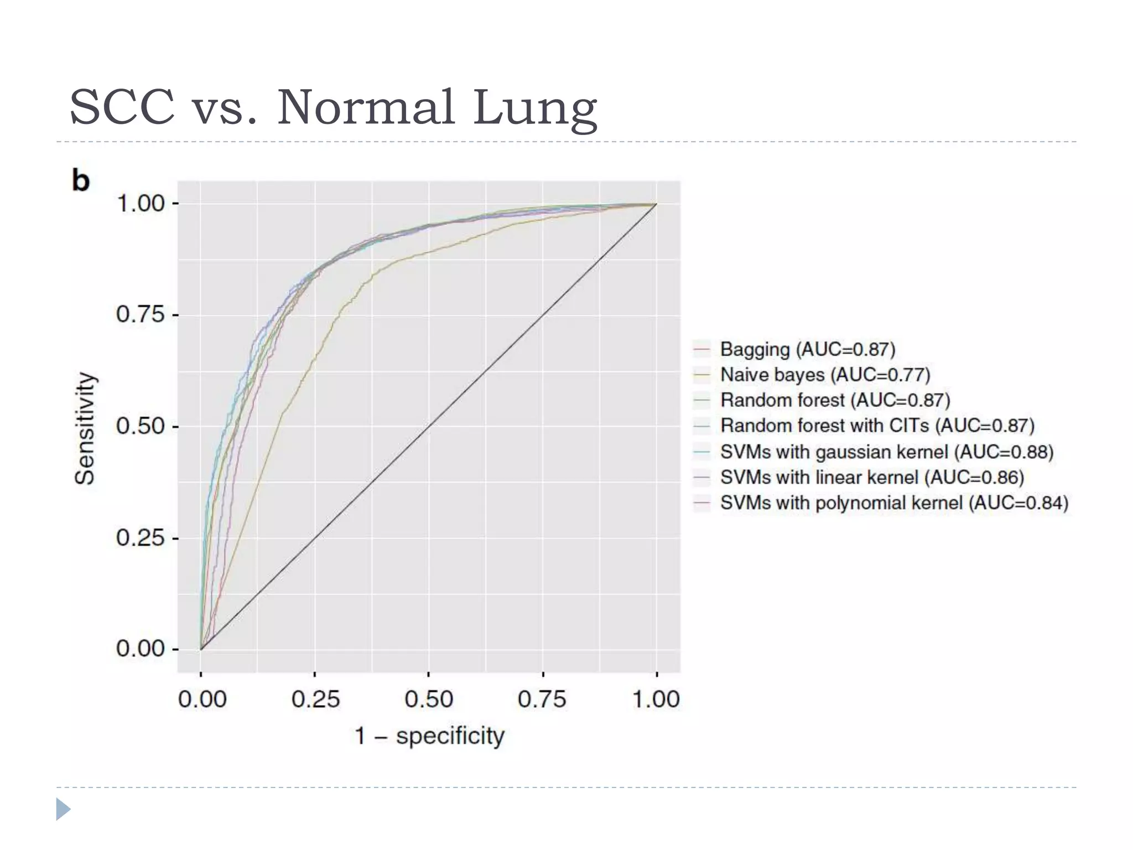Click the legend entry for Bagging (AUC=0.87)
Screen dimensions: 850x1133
click(x=807, y=349)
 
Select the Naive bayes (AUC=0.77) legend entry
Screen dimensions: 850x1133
click(x=825, y=375)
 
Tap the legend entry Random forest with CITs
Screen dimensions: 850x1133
click(x=877, y=426)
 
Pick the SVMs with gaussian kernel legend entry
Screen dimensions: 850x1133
click(x=886, y=452)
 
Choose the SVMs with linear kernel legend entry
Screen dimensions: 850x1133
click(x=872, y=477)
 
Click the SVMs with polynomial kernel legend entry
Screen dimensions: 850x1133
click(x=894, y=502)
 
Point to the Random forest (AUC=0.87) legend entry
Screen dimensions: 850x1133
click(x=835, y=400)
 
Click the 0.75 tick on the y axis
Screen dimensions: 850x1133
click(x=141, y=315)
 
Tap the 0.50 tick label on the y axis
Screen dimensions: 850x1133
click(x=141, y=427)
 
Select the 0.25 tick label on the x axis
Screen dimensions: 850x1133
click(x=315, y=699)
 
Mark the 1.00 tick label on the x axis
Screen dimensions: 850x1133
click(x=656, y=699)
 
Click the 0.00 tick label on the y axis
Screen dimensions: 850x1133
click(x=141, y=649)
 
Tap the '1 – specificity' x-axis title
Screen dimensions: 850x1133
click(x=429, y=736)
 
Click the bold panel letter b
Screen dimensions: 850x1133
click(x=81, y=180)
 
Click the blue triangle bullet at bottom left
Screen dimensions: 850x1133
click(x=63, y=809)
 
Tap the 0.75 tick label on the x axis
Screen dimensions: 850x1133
click(x=542, y=699)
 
